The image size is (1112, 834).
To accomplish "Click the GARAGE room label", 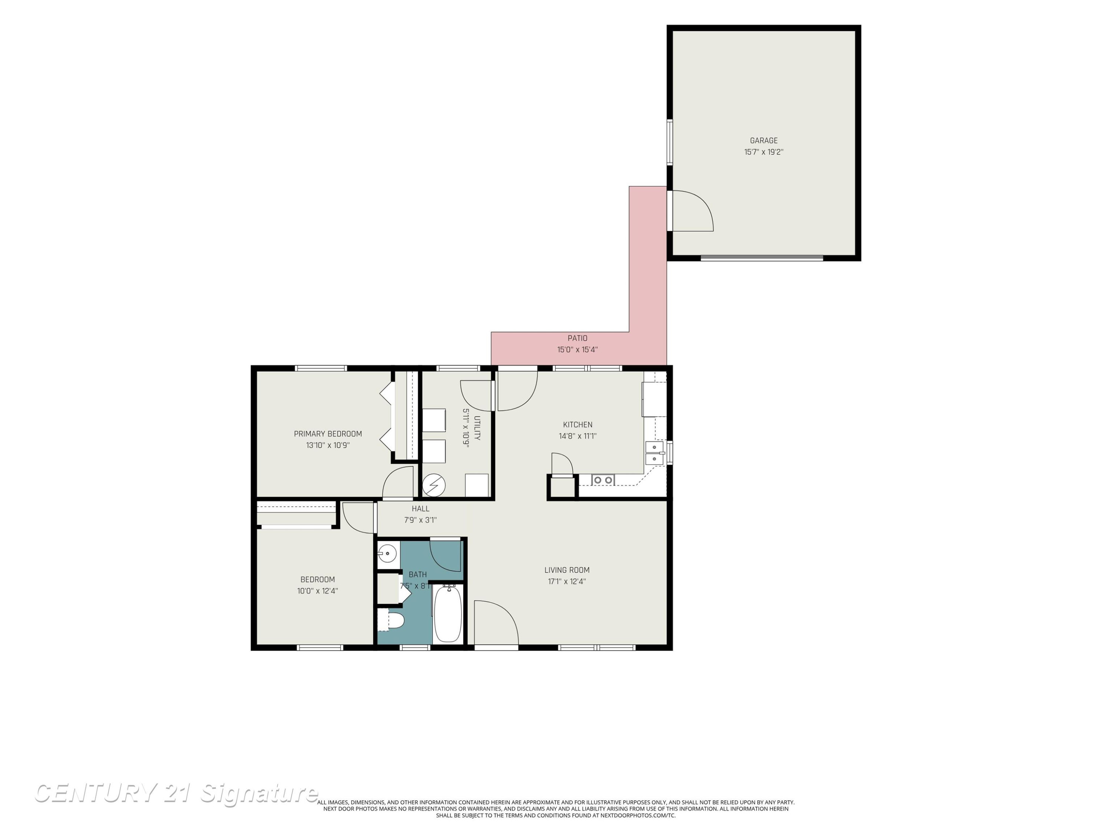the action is pos(764,141).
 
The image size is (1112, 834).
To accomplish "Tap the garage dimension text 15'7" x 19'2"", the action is pos(764,152).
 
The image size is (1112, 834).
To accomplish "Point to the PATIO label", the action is pos(577,338).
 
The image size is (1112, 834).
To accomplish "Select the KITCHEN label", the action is pos(577,425).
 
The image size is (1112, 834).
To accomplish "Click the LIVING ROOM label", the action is pos(567,570).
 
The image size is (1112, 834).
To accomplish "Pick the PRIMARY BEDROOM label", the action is pos(328,434).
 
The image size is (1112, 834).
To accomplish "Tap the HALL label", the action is pos(420,509).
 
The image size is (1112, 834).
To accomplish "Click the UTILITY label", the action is pos(477,428).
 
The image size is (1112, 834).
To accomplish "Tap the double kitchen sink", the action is pos(655,453).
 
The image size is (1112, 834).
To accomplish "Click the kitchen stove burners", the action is pos(603,480).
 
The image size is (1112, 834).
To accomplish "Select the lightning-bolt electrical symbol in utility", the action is pos(433,485).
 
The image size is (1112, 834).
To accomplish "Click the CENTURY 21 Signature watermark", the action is pos(176,793).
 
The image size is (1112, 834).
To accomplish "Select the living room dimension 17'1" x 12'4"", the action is pos(567,582).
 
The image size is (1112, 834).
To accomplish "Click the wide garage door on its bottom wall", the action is pos(762,258).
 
